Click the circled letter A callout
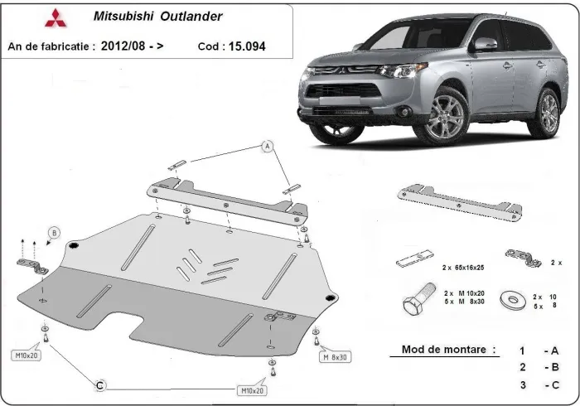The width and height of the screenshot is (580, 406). click(x=268, y=147)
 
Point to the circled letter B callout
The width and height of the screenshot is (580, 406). click(x=55, y=233)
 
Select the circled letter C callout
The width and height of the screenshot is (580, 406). click(x=99, y=384)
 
